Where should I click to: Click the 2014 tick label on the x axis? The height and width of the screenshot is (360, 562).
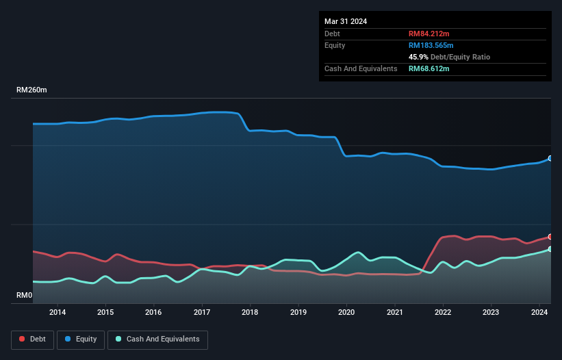point(58,313)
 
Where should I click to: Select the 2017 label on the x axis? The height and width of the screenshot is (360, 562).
point(202,313)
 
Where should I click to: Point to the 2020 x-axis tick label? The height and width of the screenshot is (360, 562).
point(347,313)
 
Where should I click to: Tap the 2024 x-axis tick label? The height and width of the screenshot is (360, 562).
point(540,313)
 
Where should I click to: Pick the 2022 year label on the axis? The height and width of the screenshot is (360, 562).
point(444,313)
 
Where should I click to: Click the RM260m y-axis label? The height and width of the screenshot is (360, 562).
point(32,90)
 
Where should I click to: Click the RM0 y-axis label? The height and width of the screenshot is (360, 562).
point(25,296)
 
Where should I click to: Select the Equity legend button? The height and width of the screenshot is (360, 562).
point(80,339)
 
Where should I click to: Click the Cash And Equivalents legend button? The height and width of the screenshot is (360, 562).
point(157,339)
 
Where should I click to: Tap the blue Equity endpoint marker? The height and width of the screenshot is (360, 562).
point(550,158)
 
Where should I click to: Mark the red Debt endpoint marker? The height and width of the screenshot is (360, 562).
point(550,236)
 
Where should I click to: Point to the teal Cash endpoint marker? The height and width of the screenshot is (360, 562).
point(550,248)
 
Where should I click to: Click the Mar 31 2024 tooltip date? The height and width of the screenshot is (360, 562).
point(346,21)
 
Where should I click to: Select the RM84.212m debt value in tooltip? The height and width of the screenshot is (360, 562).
point(429,34)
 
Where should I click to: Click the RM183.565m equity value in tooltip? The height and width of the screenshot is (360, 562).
point(431,45)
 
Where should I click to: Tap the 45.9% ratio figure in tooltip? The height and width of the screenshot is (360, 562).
point(418,57)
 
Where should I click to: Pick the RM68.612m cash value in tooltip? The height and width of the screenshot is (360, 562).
point(429,68)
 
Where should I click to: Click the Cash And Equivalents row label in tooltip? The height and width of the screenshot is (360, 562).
point(361,68)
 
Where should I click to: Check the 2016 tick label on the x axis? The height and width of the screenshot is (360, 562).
point(154,313)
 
